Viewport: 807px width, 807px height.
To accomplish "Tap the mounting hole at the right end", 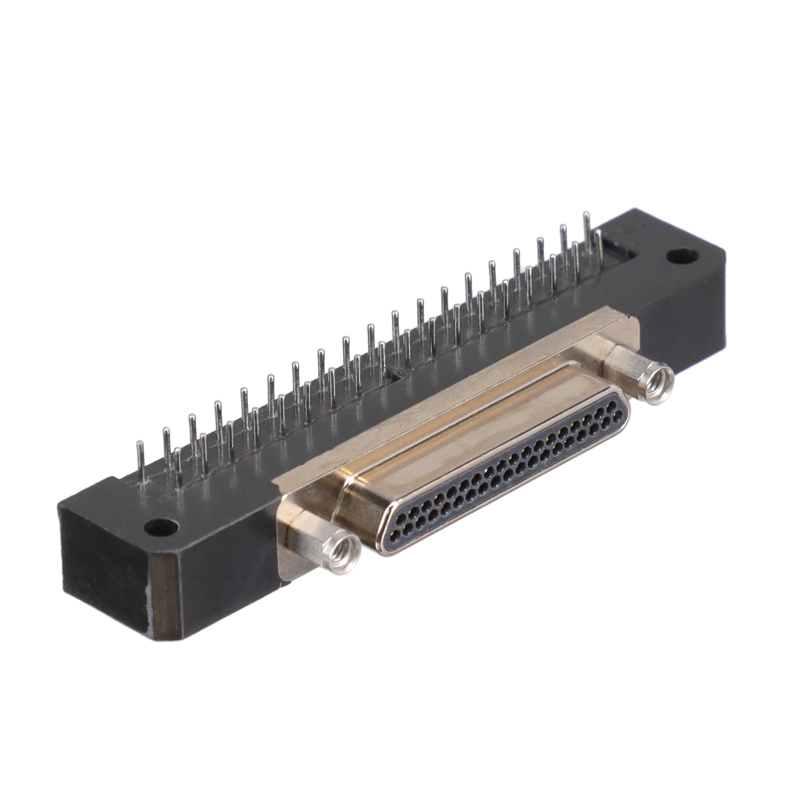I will coord(680,256).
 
